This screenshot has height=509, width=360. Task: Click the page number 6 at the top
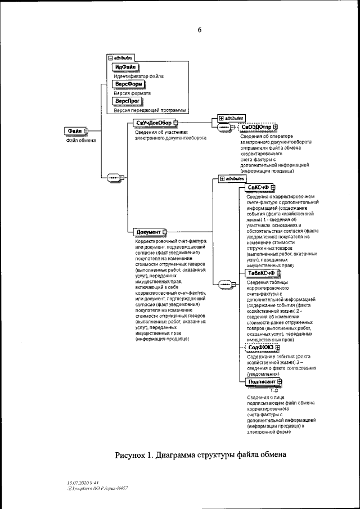[x=199, y=30]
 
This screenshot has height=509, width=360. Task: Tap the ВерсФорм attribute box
[x=128, y=84]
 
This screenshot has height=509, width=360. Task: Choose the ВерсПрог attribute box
[x=127, y=101]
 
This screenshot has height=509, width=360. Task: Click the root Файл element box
[x=75, y=131]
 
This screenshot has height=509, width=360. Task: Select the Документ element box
[x=148, y=231]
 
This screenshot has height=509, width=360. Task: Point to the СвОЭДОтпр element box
[x=255, y=128]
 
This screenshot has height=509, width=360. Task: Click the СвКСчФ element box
[x=261, y=188]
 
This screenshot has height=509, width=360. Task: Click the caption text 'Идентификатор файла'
[x=139, y=76]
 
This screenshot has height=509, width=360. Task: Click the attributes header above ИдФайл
[x=120, y=58]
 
